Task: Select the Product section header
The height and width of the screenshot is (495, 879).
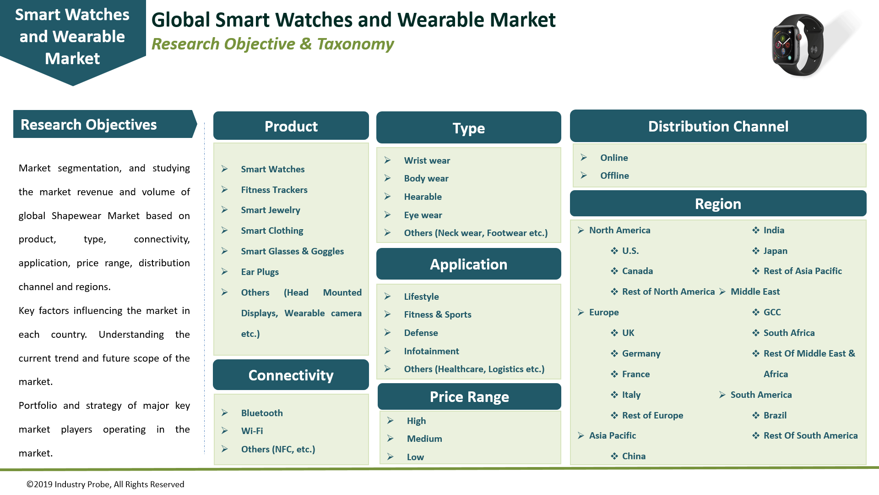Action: (x=291, y=126)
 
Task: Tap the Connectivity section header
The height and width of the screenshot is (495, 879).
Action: (x=291, y=375)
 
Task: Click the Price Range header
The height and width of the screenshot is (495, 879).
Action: (x=469, y=396)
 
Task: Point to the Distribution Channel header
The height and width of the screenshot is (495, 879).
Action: (x=718, y=126)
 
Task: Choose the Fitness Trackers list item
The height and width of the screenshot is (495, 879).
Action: (x=274, y=190)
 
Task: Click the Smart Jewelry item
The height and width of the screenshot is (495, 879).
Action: (x=270, y=210)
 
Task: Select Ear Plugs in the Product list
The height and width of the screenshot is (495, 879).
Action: (x=260, y=272)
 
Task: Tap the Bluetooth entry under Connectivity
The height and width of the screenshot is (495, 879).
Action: (x=261, y=413)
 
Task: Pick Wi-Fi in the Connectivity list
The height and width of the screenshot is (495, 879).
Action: (x=252, y=431)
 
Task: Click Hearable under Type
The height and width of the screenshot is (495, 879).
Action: (x=423, y=197)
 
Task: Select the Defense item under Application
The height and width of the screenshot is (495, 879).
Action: (x=421, y=333)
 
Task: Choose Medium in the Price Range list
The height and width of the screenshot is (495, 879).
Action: (x=424, y=439)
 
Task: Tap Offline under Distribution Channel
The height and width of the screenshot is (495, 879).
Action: (x=614, y=176)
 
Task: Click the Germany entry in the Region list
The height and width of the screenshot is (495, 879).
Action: (x=641, y=353)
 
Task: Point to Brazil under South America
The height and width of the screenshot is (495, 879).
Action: (x=775, y=415)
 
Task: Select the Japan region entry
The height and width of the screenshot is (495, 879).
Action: (x=775, y=251)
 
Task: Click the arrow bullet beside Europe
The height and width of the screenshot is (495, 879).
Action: (x=581, y=312)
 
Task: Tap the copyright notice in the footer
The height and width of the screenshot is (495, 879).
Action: (x=105, y=484)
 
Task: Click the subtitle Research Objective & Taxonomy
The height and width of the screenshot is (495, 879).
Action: (x=272, y=44)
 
